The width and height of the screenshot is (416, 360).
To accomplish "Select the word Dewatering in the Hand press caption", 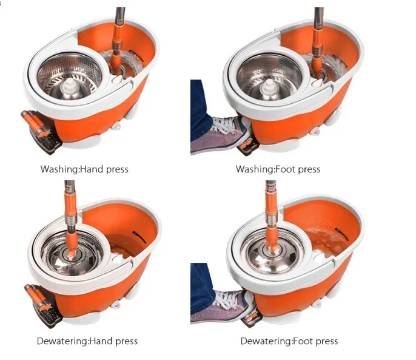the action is [x=62, y=341].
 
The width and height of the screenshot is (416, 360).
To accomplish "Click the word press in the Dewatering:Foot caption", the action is [x=327, y=341].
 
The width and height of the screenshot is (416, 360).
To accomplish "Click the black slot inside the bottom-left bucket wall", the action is [x=139, y=237].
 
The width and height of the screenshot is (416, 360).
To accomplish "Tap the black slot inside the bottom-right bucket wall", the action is [x=341, y=234].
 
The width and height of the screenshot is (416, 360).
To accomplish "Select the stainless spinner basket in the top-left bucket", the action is [x=70, y=76].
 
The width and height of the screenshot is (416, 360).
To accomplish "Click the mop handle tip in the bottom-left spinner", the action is [x=70, y=256].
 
